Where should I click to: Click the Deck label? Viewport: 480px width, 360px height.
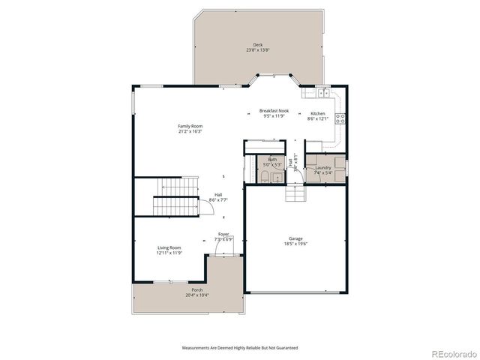pos(257,45)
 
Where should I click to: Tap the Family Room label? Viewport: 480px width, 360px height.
pos(190,126)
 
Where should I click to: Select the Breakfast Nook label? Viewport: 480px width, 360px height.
pos(274,110)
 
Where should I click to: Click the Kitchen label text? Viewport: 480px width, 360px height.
pos(318,113)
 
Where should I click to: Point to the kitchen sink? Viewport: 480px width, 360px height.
pos(321,93)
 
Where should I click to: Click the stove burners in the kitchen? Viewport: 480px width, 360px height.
pos(340,118)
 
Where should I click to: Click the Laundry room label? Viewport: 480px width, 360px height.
pos(323,167)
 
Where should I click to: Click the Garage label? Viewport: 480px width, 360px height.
pos(296,238)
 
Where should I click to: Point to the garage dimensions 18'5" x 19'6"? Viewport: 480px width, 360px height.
pos(296,244)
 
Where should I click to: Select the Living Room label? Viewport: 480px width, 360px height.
pos(169,247)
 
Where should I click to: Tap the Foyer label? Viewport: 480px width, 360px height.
pos(223,234)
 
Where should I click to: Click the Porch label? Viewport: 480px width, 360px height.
pos(196,289)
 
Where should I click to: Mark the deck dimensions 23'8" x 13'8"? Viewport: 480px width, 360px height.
pos(257,50)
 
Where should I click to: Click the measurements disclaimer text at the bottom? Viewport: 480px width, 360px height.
pos(240,348)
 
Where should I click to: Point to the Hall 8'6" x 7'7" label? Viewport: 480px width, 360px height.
pos(196,197)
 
